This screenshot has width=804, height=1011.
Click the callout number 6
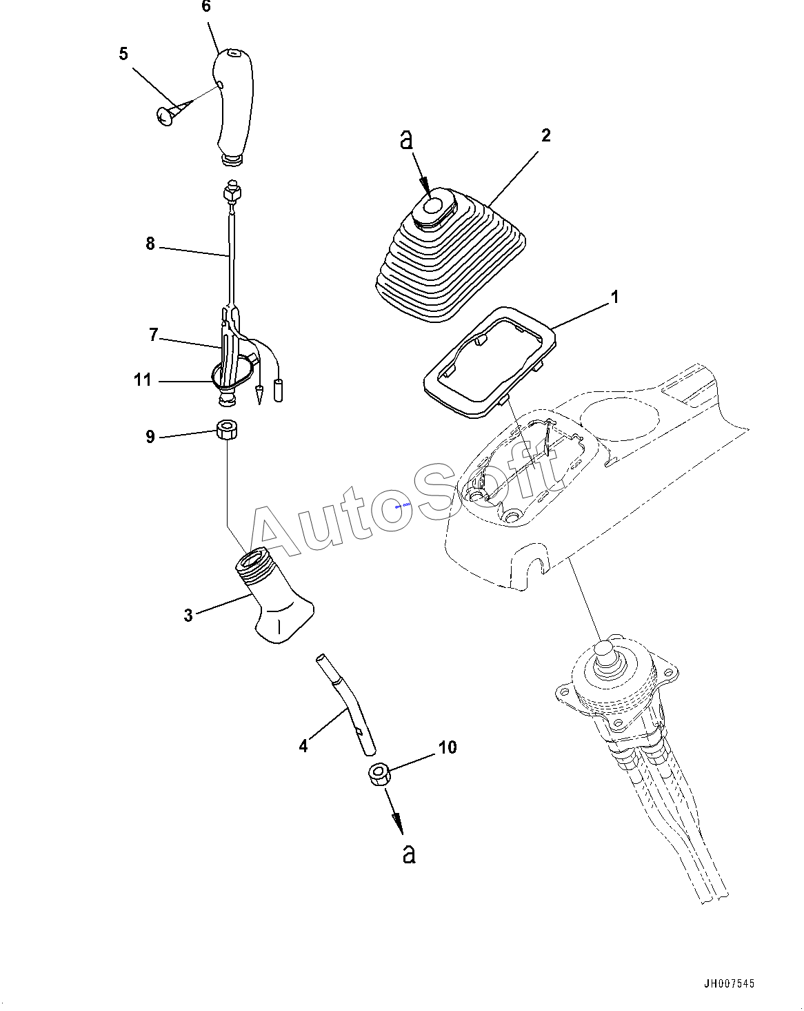(x=205, y=7)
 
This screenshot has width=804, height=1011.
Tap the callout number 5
(x=123, y=54)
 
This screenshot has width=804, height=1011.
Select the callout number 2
(x=545, y=135)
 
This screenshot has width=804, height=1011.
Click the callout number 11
(x=143, y=380)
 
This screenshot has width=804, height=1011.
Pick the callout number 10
(x=448, y=747)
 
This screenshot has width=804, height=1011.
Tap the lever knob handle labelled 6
(x=231, y=104)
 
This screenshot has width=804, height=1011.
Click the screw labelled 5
(x=168, y=116)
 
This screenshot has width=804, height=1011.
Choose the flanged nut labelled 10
(x=379, y=774)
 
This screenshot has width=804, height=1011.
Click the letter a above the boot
(x=407, y=140)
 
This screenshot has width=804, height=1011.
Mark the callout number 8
(x=150, y=244)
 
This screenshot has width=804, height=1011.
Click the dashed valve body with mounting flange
(x=614, y=690)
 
